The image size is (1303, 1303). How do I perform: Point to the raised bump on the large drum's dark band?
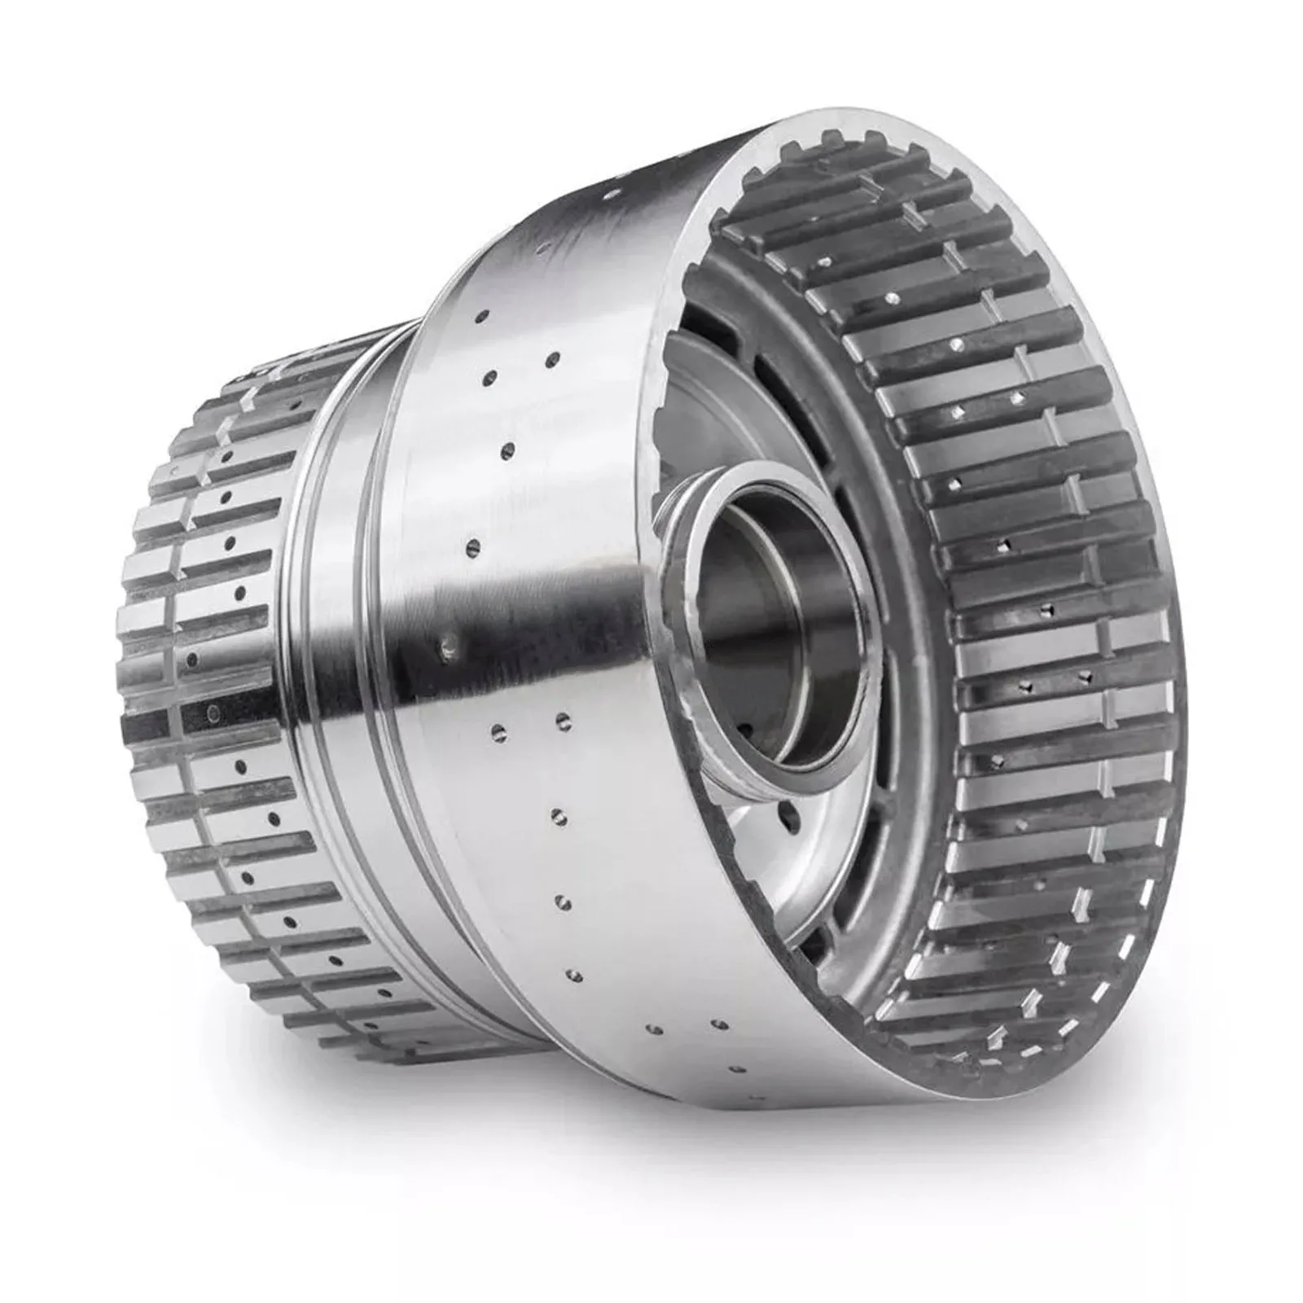click(446, 647)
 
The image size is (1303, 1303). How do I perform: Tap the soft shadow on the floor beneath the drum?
click(651, 1140)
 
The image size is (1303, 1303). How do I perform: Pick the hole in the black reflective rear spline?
click(213, 715)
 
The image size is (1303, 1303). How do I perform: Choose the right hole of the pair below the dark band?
click(562, 719)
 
